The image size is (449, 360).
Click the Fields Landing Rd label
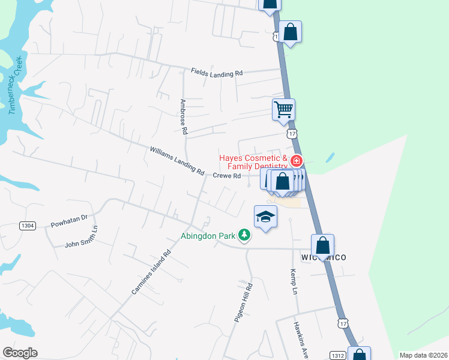click(217, 72)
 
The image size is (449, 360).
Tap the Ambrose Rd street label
click(184, 117)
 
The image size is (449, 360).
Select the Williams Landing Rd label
click(177, 160)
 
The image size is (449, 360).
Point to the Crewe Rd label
click(227, 176)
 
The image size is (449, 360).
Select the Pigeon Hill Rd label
click(244, 303)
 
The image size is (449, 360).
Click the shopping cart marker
click(283, 109)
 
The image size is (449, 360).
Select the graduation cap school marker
click(265, 217)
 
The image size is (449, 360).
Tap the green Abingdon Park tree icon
click(244, 235)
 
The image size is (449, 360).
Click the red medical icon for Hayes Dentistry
click(296, 161)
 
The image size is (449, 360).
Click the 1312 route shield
click(337, 355)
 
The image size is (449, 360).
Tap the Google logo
click(20, 353)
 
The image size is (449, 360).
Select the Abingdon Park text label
click(208, 236)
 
